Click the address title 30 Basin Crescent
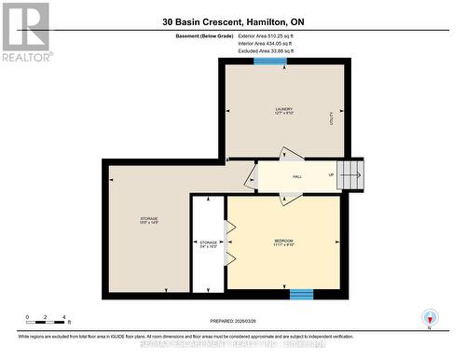click(232, 21)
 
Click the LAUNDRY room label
click(283, 111)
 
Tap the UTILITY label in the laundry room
click(331, 116)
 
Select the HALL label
click(297, 175)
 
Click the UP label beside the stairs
click(330, 175)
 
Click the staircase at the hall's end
click(350, 173)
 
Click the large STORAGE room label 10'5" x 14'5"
click(149, 221)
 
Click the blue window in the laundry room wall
click(271, 62)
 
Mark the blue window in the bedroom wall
click(300, 295)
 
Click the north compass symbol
click(429, 318)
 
